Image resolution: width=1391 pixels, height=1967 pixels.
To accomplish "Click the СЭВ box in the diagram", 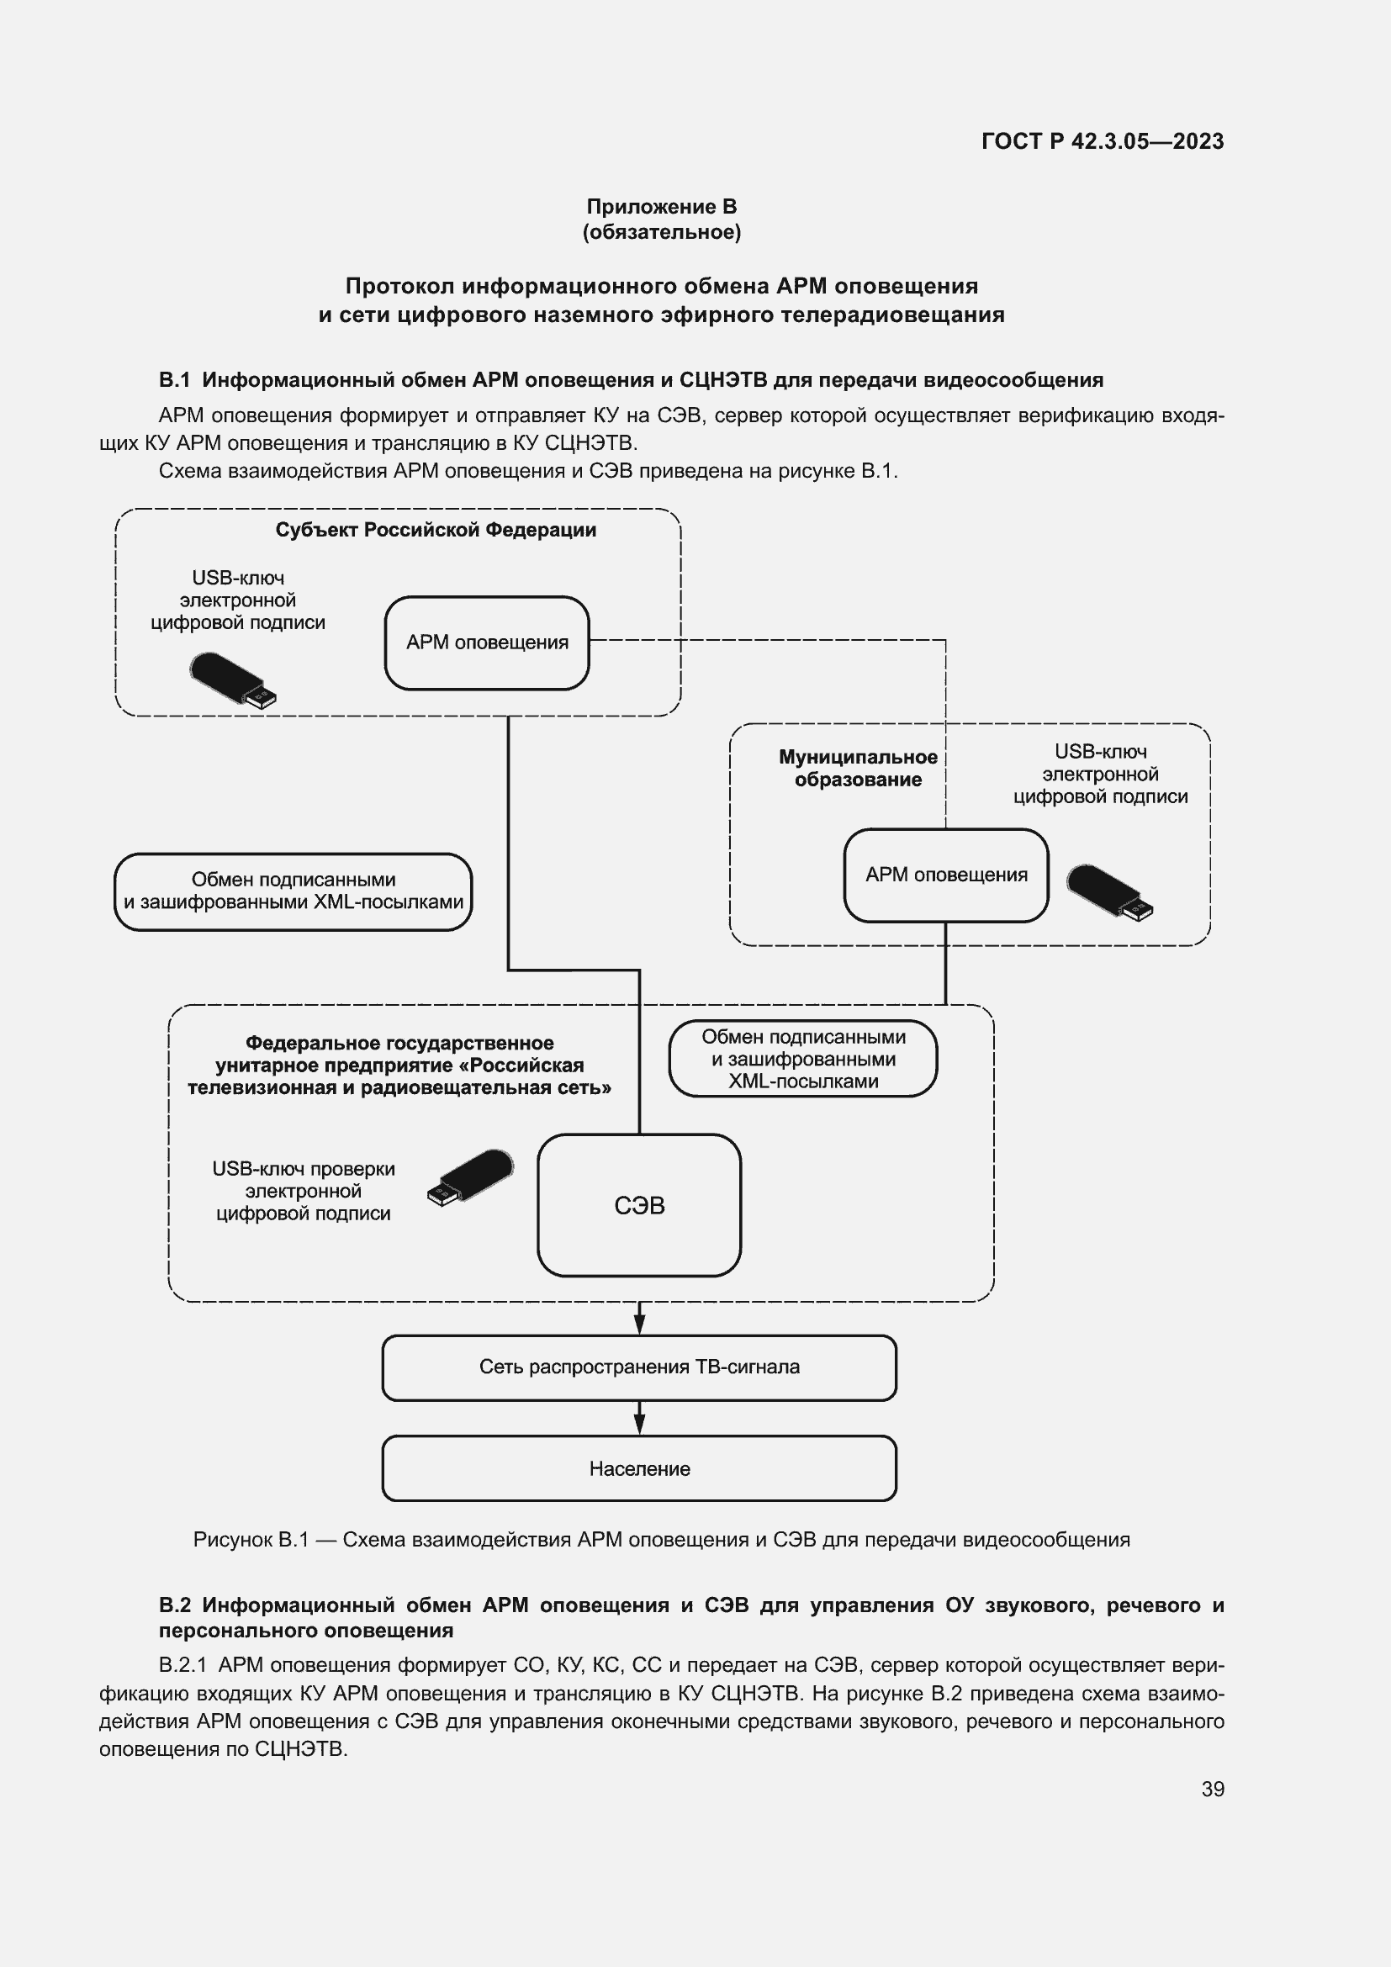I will point(639,1205).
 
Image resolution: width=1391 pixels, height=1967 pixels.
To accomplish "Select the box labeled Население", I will point(639,1468).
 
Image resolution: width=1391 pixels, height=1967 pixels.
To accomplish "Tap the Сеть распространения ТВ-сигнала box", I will point(639,1367).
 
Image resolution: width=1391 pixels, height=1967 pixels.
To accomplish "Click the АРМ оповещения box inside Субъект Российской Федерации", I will point(486,642).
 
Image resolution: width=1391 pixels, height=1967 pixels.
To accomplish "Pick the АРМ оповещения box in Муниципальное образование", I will point(945,875).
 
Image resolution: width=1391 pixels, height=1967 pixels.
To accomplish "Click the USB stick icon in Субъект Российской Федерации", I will point(233,680).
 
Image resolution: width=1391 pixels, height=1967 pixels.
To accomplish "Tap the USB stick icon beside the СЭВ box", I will point(471,1177).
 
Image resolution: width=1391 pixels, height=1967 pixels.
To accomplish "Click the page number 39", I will point(1212,1789).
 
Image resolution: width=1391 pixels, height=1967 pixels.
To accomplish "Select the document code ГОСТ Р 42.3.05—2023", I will point(1103,141).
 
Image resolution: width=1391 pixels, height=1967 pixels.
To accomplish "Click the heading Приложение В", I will point(661,207).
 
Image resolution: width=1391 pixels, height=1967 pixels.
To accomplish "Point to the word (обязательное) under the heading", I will point(661,232).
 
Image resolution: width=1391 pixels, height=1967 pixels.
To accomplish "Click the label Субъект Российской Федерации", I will point(435,530).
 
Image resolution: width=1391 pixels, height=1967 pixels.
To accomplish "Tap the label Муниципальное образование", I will point(857,768).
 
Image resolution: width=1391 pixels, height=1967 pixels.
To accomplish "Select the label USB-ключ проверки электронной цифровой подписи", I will point(304,1191).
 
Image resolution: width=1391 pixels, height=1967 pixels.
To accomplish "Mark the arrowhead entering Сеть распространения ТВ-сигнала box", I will point(639,1324).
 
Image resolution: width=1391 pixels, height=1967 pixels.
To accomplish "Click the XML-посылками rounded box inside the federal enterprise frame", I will point(802,1059).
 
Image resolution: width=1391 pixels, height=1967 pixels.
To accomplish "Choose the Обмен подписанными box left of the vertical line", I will point(293,891).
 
